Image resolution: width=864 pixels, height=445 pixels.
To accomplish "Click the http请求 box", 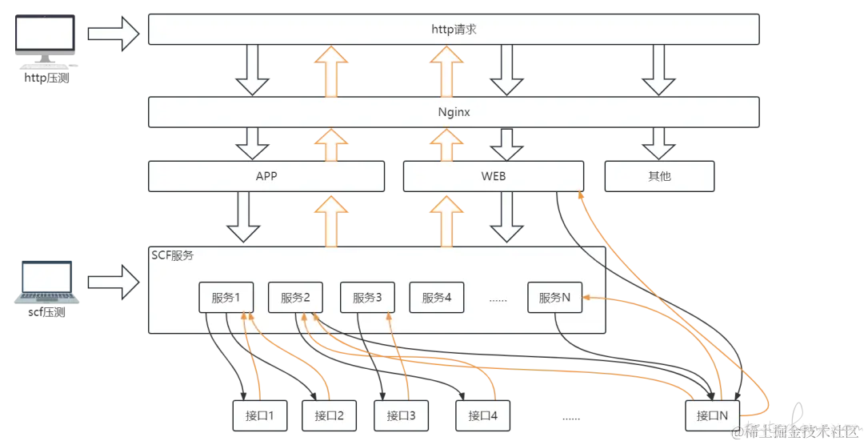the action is (x=454, y=30).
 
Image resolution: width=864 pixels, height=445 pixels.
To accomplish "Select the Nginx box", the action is (x=454, y=112).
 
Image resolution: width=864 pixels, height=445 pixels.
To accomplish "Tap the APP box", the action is (x=266, y=176).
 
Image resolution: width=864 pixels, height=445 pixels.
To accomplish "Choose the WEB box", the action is (x=493, y=176).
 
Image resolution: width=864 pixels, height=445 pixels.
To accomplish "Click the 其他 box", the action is (x=659, y=176).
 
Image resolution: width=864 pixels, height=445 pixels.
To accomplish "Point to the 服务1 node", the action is (x=226, y=298).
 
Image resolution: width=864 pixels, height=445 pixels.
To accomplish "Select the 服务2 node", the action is (x=295, y=298).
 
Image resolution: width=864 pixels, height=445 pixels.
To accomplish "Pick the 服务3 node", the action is (x=367, y=298).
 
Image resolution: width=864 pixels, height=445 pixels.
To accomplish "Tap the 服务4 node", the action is (x=437, y=298).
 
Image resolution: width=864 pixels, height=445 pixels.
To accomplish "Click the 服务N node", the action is (x=555, y=298).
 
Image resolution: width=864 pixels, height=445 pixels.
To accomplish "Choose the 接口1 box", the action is (x=259, y=415).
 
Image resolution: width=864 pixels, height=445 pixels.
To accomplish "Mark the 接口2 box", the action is (x=330, y=415).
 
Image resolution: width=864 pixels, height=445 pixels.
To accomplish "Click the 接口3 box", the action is (x=401, y=415).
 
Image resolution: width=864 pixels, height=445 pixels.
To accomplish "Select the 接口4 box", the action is (x=482, y=415).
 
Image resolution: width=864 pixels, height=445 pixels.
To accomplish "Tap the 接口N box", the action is (x=712, y=415).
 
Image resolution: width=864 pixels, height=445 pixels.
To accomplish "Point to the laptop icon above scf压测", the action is (x=47, y=282).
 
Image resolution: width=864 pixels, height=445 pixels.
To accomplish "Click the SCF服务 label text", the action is (x=173, y=256).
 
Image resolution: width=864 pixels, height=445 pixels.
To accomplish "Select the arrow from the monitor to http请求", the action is (x=114, y=34).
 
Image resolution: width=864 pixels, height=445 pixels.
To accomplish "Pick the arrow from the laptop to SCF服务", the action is (x=114, y=283).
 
